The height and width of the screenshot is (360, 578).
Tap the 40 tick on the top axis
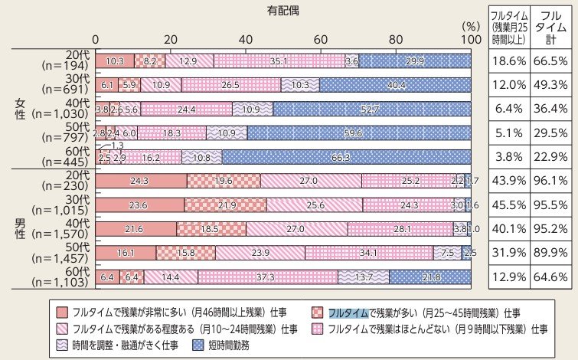pyautogui.click(x=246, y=39)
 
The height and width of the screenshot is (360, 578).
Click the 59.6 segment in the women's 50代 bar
pyautogui.click(x=358, y=133)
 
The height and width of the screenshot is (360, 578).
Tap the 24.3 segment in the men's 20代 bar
pyautogui.click(x=142, y=181)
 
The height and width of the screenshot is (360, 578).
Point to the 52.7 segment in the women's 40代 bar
pyautogui.click(x=372, y=109)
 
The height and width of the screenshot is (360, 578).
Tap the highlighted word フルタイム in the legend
pyautogui.click(x=348, y=313)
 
